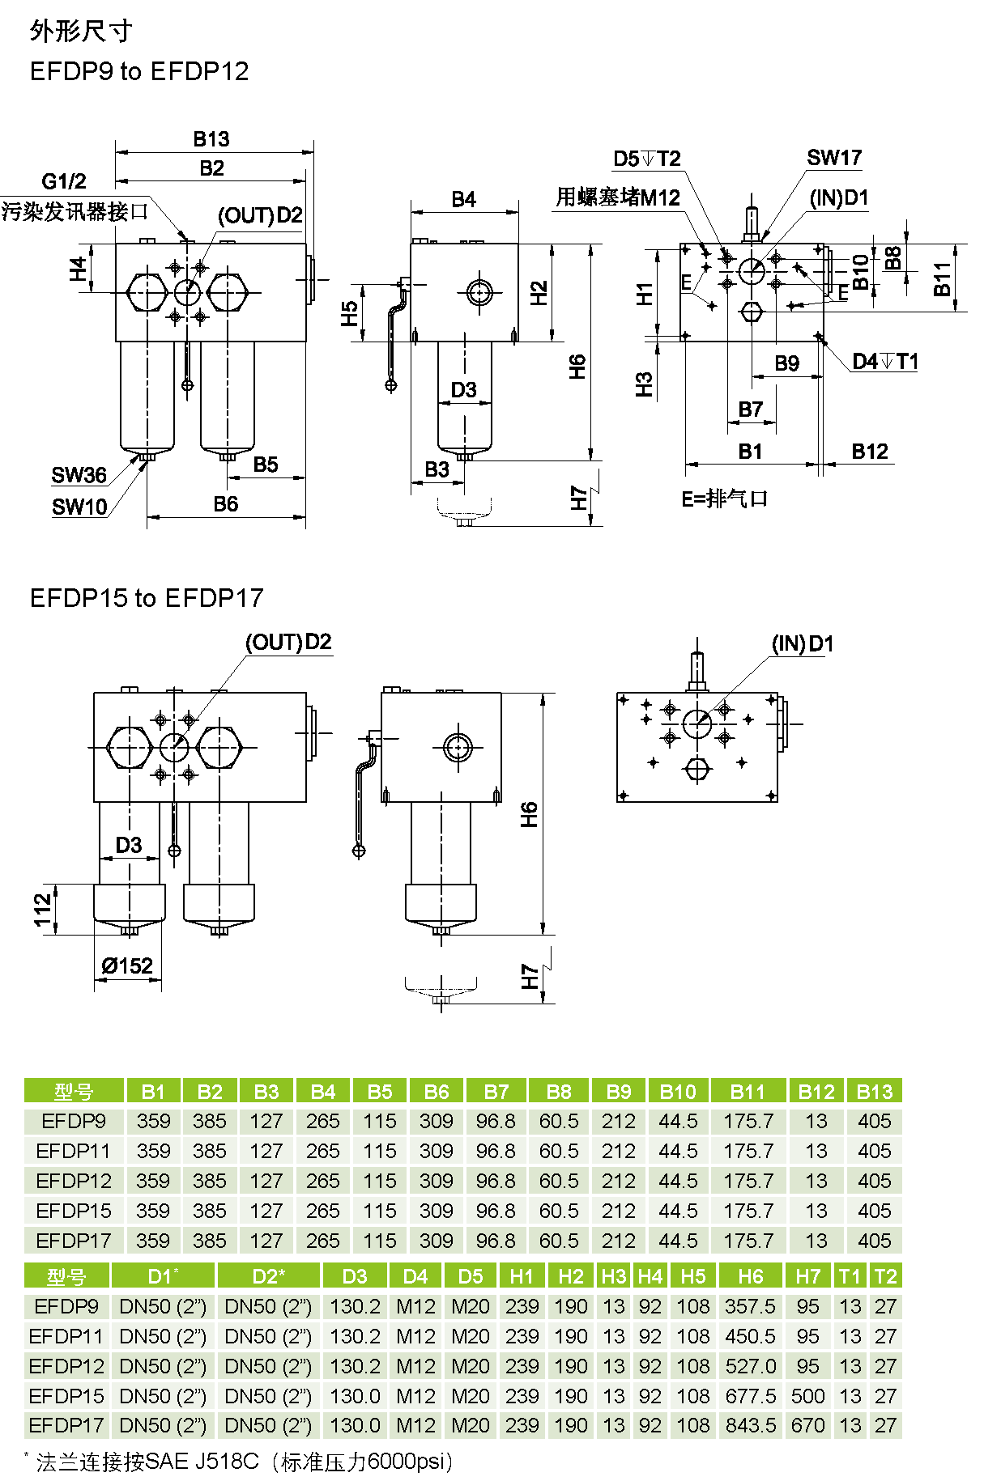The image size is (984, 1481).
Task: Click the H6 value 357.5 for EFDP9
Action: tap(750, 1306)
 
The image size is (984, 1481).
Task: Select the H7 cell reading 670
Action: tap(807, 1425)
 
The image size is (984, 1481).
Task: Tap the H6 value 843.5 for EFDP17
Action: tap(750, 1425)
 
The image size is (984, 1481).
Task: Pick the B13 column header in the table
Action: tap(874, 1091)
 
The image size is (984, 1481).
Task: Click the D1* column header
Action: tap(163, 1276)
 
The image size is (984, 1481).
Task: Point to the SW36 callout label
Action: tap(79, 475)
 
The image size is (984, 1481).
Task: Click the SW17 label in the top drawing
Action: tap(833, 158)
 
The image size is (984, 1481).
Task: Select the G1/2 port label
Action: tap(64, 180)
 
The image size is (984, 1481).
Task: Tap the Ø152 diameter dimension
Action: tap(127, 965)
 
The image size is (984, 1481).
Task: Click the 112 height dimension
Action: tap(43, 910)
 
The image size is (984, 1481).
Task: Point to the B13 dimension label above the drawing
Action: tap(211, 139)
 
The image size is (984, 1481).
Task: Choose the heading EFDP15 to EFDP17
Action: tap(147, 598)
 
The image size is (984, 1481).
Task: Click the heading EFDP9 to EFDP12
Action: tap(139, 71)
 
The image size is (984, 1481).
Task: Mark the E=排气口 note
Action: tap(724, 499)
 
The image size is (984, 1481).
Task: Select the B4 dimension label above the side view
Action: tap(463, 199)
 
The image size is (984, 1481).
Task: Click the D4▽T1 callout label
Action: tap(884, 361)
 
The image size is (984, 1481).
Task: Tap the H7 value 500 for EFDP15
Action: tap(807, 1395)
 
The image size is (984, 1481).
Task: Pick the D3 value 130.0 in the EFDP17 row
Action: tap(355, 1425)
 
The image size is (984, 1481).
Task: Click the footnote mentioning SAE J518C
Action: tap(243, 1462)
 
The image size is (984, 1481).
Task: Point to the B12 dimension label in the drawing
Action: tap(870, 452)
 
